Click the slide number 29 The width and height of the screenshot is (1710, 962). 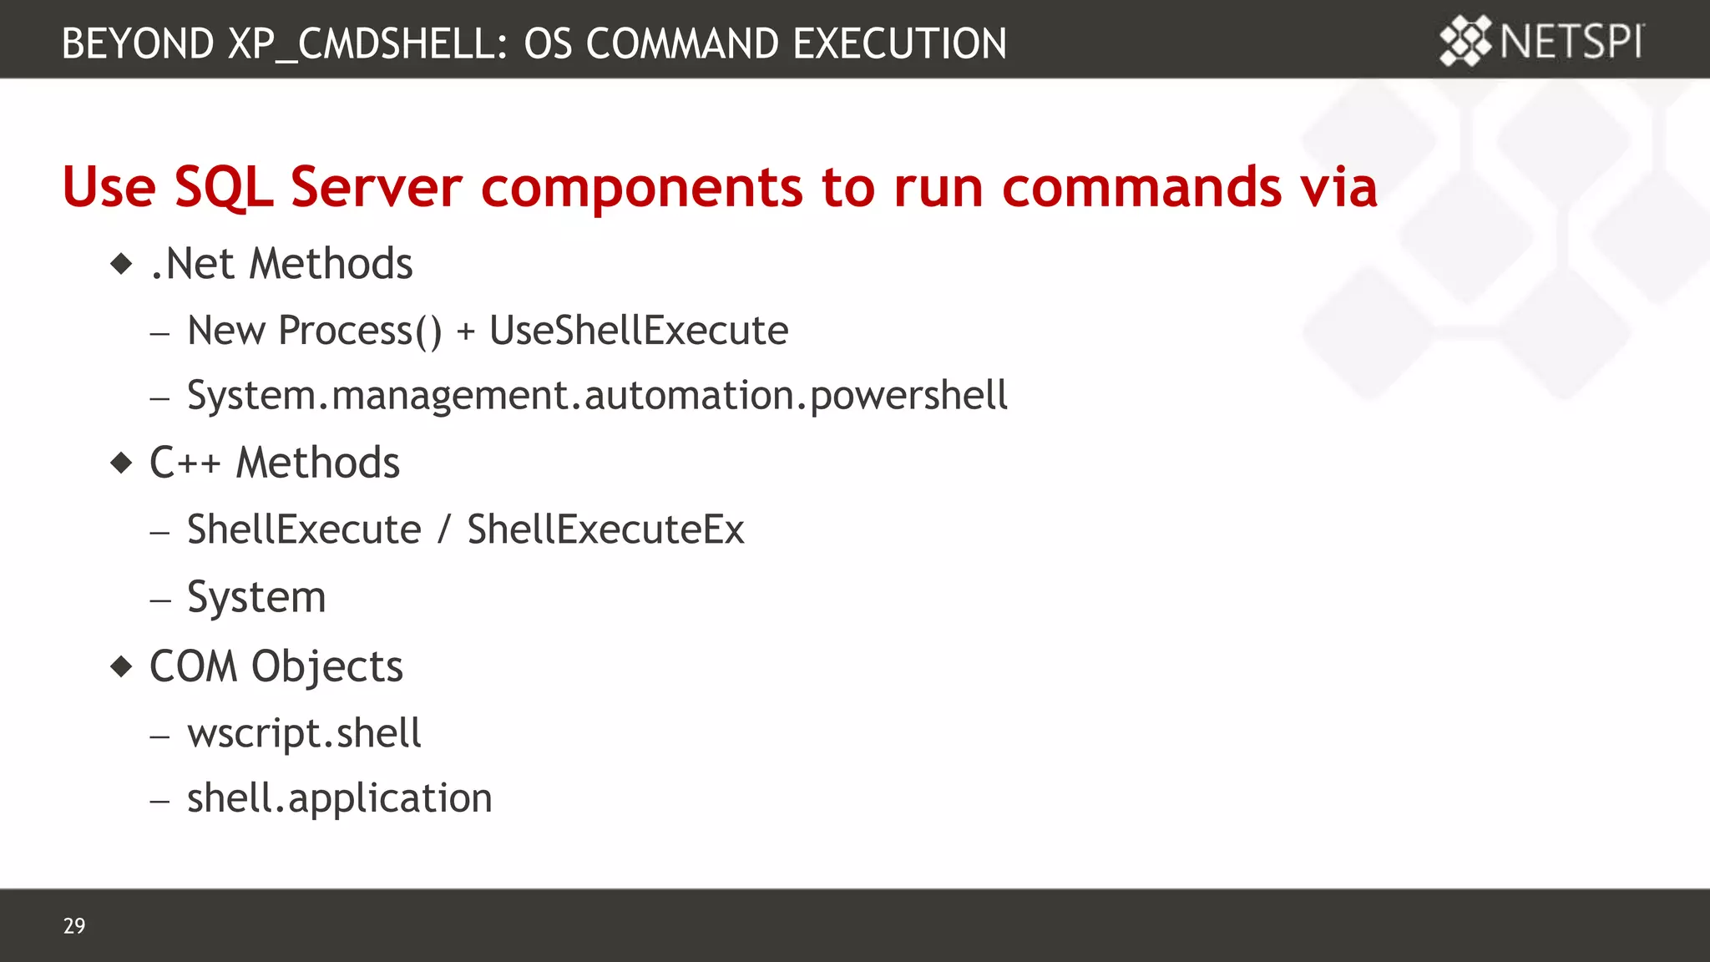click(74, 925)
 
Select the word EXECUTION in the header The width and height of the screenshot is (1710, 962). click(899, 44)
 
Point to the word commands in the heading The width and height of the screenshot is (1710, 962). click(1141, 186)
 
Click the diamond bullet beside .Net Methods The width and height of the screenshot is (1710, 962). click(122, 265)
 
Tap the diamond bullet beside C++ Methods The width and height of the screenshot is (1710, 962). click(122, 463)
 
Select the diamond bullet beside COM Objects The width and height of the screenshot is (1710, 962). click(122, 666)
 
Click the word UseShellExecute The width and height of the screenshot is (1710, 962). click(639, 331)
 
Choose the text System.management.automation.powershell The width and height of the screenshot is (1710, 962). click(597, 396)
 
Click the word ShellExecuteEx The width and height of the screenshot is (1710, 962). click(605, 529)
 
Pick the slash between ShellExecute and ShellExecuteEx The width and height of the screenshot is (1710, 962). click(443, 529)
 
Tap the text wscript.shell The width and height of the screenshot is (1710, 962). click(304, 733)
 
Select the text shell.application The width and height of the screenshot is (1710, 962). click(339, 798)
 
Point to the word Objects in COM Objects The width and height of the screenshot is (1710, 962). click(326, 667)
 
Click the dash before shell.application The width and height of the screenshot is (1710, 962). click(160, 801)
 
